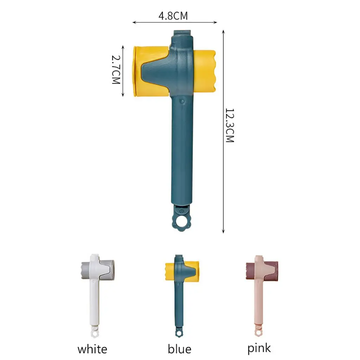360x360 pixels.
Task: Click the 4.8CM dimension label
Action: (173, 16)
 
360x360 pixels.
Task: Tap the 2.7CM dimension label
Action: (116, 70)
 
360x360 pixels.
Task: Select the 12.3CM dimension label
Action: (230, 126)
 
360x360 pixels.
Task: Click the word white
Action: (92, 349)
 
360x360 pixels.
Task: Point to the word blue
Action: (179, 349)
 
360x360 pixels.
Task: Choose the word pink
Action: (259, 348)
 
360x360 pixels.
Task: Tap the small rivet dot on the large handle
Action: (182, 101)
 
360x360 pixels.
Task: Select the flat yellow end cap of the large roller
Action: (135, 71)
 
